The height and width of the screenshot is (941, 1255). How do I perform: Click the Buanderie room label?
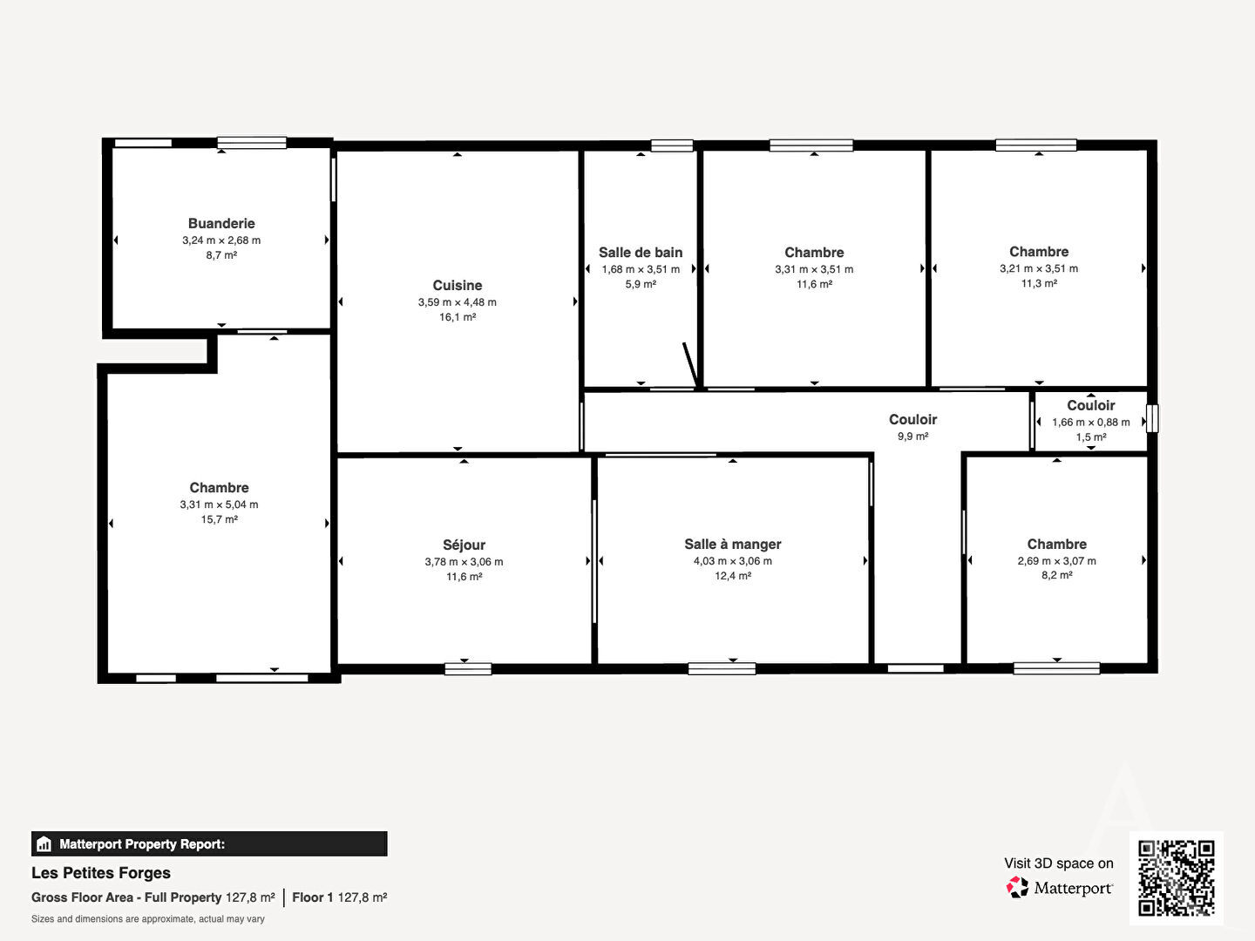(x=221, y=223)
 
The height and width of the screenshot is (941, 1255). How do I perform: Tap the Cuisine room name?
(x=458, y=285)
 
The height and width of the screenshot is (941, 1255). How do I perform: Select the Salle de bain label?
(x=641, y=253)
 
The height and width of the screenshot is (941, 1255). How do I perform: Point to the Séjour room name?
(x=464, y=545)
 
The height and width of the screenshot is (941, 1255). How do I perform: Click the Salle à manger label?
(x=732, y=545)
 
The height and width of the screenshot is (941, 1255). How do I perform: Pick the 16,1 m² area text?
(x=458, y=317)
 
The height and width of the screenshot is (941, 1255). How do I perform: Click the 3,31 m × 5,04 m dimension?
(x=219, y=504)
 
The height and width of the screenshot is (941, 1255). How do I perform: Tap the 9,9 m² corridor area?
(x=912, y=437)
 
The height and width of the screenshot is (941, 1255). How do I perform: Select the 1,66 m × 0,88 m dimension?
(x=1091, y=423)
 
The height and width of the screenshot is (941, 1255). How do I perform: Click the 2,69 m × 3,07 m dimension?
(x=1056, y=561)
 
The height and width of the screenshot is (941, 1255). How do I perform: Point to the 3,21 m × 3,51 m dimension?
(x=1039, y=268)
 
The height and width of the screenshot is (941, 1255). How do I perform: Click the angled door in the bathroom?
(x=690, y=365)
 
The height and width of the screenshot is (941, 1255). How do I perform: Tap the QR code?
(x=1176, y=878)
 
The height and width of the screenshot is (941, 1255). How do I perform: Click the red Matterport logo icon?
(x=1017, y=887)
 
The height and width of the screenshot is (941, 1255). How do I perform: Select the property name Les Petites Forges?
(x=101, y=873)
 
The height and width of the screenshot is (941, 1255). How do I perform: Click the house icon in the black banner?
(x=44, y=844)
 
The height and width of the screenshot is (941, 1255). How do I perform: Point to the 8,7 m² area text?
(x=221, y=255)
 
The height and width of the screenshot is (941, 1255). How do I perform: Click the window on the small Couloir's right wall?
(x=1153, y=419)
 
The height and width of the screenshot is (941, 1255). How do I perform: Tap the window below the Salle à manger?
(x=722, y=668)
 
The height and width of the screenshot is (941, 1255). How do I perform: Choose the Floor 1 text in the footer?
(x=312, y=897)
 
